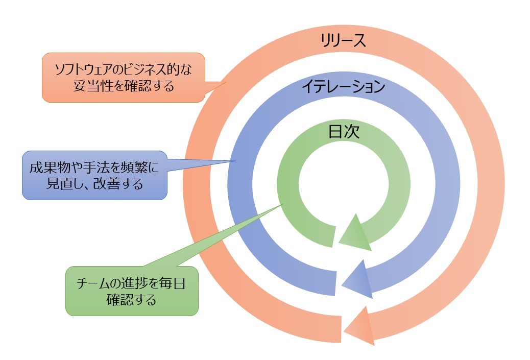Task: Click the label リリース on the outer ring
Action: pos(344,41)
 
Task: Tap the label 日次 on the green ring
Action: pos(344,132)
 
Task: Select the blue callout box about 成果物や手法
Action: pos(95,175)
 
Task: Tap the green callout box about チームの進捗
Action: pos(131,291)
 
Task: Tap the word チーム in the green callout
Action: pos(91,284)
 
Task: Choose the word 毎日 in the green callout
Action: pos(173,284)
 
